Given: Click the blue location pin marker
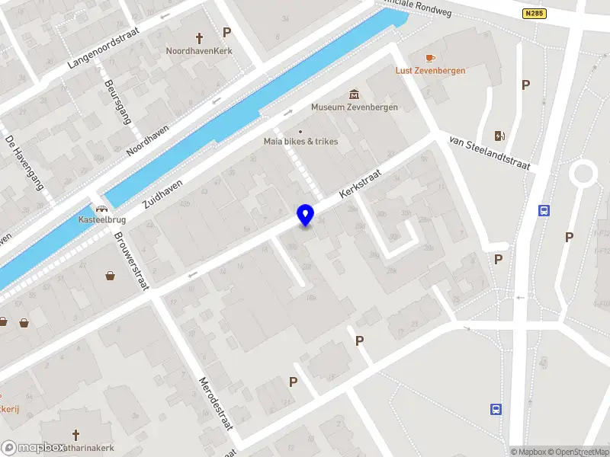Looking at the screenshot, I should point(306,216).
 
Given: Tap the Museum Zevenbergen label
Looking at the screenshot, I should point(355,107).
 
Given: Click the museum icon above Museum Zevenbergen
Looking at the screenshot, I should point(354,94).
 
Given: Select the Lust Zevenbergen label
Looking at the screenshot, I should point(431,71).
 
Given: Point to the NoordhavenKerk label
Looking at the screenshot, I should point(199,51).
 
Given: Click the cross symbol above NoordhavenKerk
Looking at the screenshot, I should point(200,37).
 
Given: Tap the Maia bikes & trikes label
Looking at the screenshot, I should point(300,142).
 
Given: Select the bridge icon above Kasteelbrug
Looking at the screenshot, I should point(101,207).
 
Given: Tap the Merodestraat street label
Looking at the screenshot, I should point(215,402).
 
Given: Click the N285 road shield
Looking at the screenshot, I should point(534,13).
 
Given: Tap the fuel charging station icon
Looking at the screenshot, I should point(500,136).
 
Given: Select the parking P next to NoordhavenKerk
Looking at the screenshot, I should point(226,32).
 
